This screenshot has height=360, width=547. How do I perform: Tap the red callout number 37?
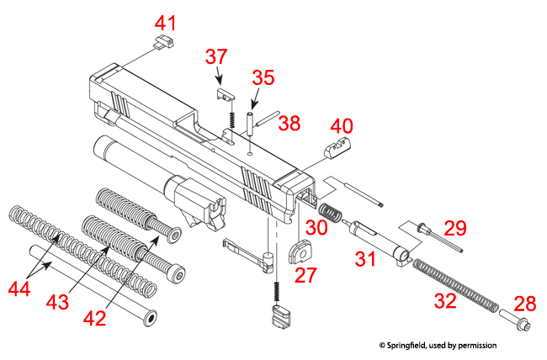(x=216, y=57)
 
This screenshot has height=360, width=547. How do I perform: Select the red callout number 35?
(x=263, y=78)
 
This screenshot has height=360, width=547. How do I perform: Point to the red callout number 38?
(x=289, y=124)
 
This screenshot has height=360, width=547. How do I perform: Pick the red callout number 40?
(x=342, y=126)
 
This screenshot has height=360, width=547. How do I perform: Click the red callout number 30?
(x=316, y=227)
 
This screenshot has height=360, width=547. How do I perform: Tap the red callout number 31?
(x=364, y=258)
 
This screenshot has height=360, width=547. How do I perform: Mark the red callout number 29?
(x=455, y=229)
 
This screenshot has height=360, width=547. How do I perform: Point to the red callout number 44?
(x=24, y=289)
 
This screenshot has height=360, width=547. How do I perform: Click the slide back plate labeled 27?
(x=299, y=251)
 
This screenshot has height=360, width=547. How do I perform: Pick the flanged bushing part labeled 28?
(x=512, y=322)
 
